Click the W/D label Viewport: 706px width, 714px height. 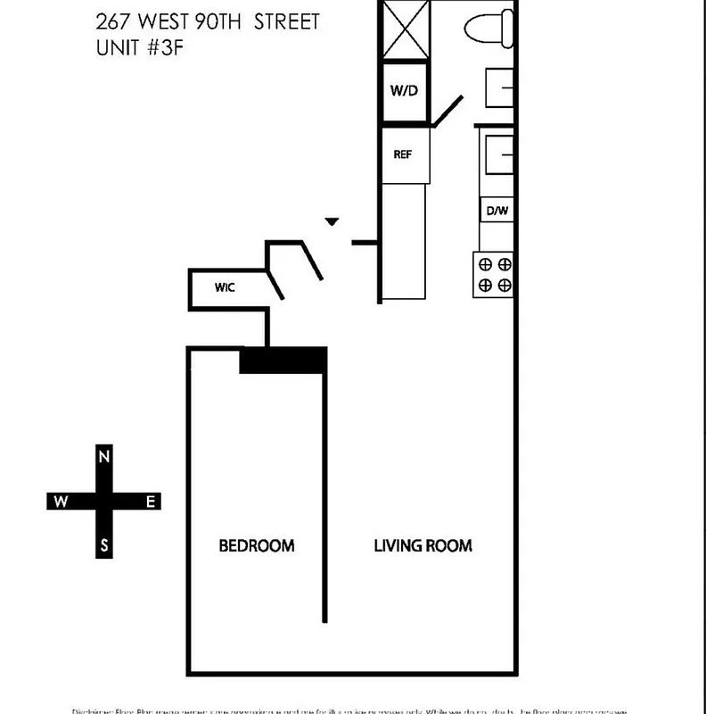coord(405,90)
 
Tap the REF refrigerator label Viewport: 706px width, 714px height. coord(403,154)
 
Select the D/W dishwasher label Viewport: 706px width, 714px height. coord(496,212)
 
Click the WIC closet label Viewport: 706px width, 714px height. coord(224,287)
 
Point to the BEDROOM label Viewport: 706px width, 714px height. coord(257,545)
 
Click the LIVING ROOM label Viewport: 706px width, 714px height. coord(423,545)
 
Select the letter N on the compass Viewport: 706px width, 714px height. coord(104,458)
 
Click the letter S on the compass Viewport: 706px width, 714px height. coord(104,546)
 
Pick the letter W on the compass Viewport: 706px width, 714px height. coord(60,502)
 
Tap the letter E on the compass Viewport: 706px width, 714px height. coord(151,502)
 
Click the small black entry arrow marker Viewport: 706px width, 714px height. coord(332,221)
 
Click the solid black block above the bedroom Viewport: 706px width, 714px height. coord(283,360)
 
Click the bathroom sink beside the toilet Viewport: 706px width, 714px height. coord(499,87)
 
